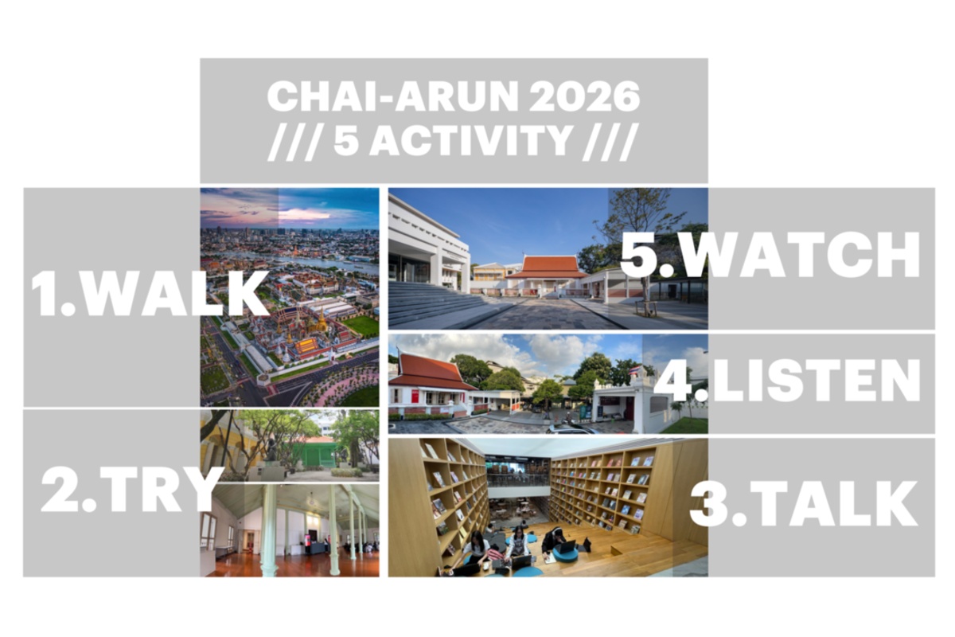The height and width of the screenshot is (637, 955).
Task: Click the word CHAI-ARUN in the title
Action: point(392,96)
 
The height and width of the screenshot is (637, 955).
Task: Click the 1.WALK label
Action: point(150,294)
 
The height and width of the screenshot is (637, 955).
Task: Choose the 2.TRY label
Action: point(132,490)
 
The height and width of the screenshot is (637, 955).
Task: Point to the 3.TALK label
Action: point(803,504)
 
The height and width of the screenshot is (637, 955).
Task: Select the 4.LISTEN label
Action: point(787,380)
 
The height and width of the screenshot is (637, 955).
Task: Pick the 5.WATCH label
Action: point(770,254)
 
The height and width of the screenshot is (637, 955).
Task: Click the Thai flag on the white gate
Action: point(634,369)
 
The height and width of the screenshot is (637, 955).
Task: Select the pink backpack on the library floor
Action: point(495,554)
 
